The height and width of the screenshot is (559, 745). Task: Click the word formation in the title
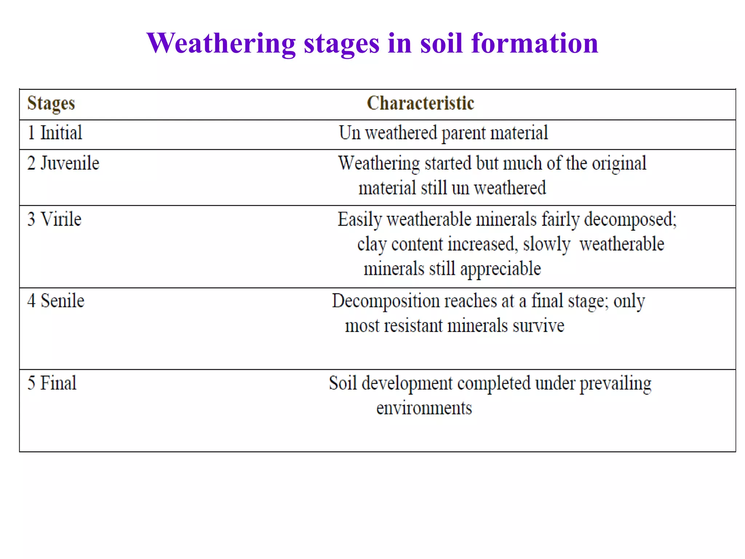pos(534,43)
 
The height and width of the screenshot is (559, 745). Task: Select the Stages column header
pos(51,103)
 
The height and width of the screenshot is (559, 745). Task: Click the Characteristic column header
pos(420,103)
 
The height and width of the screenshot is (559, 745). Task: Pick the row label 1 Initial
pos(55,133)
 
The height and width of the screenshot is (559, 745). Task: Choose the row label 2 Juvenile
pos(63,163)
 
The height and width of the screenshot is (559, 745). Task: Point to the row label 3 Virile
pos(54,219)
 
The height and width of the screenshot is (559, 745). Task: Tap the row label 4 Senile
pos(56,301)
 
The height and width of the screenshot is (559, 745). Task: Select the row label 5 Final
pos(52,383)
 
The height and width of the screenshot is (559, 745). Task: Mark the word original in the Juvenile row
pos(619,163)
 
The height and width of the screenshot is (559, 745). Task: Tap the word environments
pos(424,408)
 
